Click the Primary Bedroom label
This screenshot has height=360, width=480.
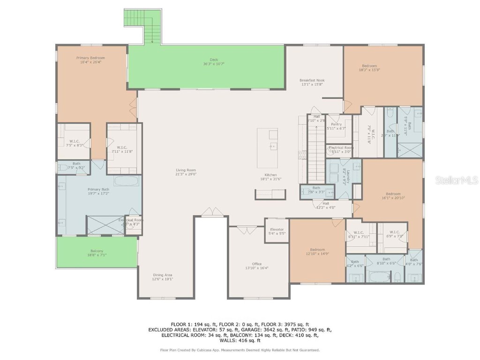click(90, 58)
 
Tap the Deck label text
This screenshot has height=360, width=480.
click(214, 60)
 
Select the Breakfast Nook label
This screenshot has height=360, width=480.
click(312, 80)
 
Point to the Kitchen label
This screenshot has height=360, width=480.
click(270, 175)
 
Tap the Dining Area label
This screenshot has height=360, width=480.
click(163, 275)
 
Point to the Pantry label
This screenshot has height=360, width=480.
click(336, 124)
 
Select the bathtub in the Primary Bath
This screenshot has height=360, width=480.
click(126, 181)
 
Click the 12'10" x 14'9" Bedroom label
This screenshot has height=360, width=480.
click(317, 250)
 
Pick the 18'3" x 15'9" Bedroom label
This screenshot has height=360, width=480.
click(369, 66)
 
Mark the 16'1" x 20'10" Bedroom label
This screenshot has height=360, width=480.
click(393, 194)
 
